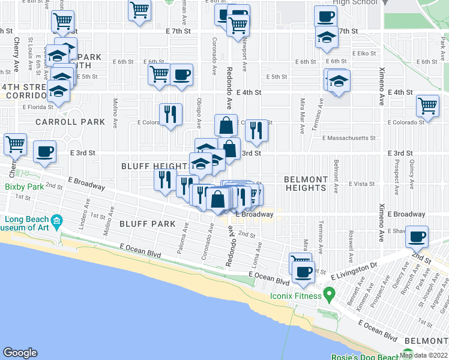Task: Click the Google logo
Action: pos(20,353)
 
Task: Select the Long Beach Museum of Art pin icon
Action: pos(56,220)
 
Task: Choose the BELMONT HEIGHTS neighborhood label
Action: pos(306,184)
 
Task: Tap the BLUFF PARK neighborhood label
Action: pos(147,224)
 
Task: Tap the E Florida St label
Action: pos(38,107)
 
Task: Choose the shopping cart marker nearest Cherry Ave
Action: pos(14,144)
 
